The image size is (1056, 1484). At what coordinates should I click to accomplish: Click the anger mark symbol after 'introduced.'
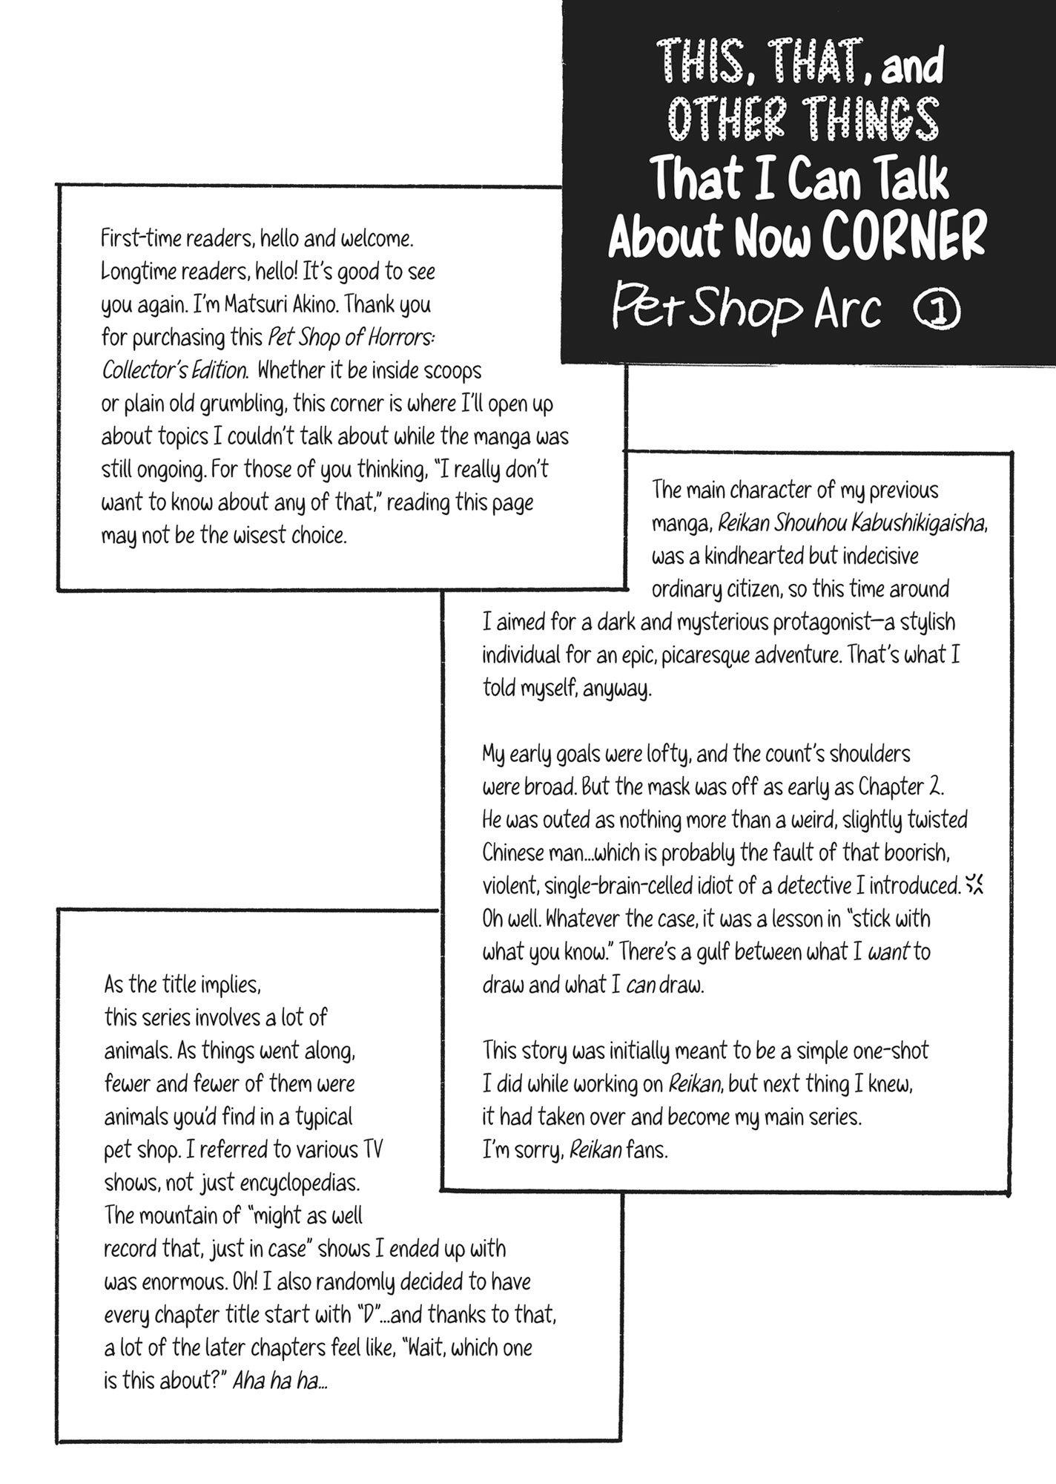click(x=976, y=884)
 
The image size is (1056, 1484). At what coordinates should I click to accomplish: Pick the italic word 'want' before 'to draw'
click(x=888, y=952)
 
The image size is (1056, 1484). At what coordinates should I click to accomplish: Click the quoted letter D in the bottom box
click(x=365, y=1316)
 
